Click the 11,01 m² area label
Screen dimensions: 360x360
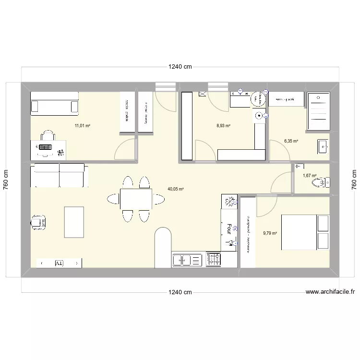(x=82, y=126)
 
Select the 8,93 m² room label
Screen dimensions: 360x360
(x=223, y=126)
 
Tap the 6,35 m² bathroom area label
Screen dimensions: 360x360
(x=291, y=142)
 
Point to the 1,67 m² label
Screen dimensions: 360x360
(x=310, y=176)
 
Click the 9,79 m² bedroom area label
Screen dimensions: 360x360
(x=270, y=234)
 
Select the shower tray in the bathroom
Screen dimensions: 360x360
(x=318, y=111)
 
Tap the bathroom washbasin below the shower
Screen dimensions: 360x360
(x=323, y=146)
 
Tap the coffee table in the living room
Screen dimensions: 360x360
(x=74, y=222)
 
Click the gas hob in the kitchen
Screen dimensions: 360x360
(x=214, y=260)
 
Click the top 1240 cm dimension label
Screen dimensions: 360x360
(x=180, y=67)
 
